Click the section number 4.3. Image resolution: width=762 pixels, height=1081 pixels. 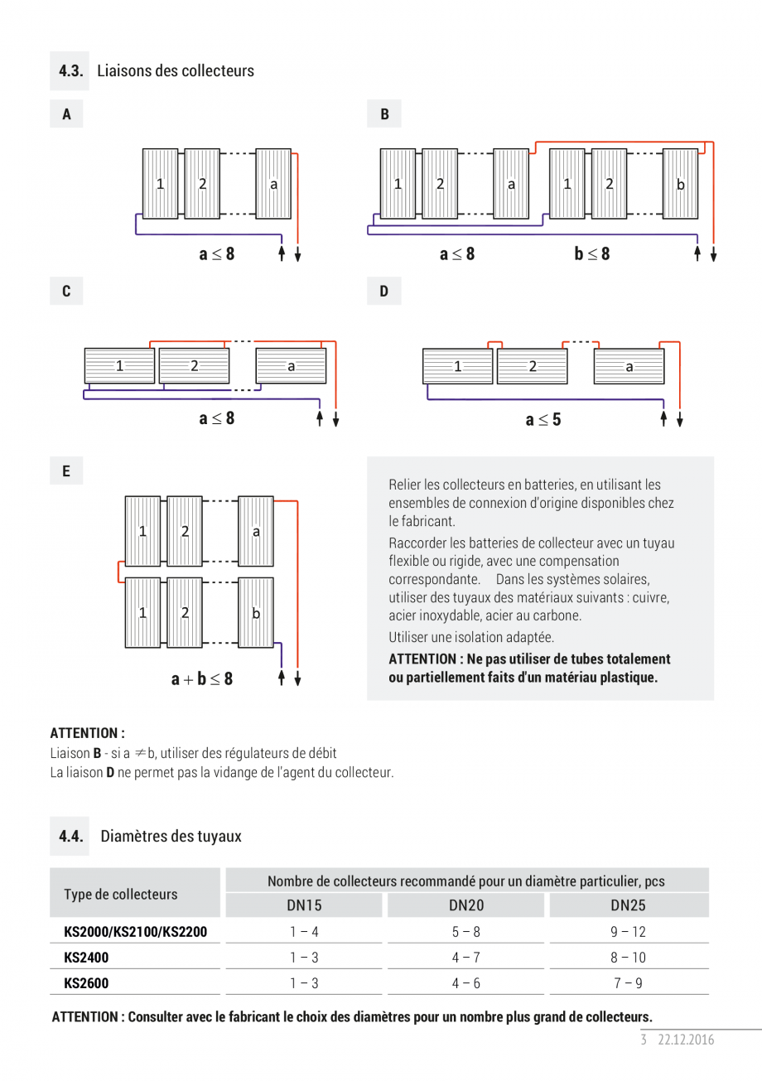pos(71,71)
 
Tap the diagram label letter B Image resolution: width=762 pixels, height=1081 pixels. pos(384,114)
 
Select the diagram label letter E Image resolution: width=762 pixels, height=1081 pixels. pos(66,471)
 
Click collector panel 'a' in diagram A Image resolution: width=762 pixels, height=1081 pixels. pos(273,184)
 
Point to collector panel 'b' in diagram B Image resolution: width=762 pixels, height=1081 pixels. pos(680,184)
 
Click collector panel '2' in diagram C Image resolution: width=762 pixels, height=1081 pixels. pos(194,365)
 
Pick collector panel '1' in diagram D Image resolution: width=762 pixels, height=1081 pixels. pos(457,366)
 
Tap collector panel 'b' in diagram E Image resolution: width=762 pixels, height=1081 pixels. pos(256,613)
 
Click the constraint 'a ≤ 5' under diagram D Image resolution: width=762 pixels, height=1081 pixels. pos(543,420)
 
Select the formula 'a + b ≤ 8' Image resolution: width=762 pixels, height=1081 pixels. pos(202,679)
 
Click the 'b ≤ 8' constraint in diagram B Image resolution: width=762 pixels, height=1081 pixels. pos(592,253)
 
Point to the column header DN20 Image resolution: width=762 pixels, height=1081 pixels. pos(467,905)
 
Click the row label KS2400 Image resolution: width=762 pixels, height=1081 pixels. pos(86,958)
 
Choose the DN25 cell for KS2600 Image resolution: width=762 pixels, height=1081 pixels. pos(628,984)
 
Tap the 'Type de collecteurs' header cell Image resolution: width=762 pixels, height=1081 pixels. pos(121,894)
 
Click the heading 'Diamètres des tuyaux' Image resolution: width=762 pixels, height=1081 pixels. pos(171,836)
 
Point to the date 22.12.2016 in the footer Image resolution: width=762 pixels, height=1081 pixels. pos(686,1040)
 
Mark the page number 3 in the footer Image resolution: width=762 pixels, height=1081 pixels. pos(644,1040)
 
